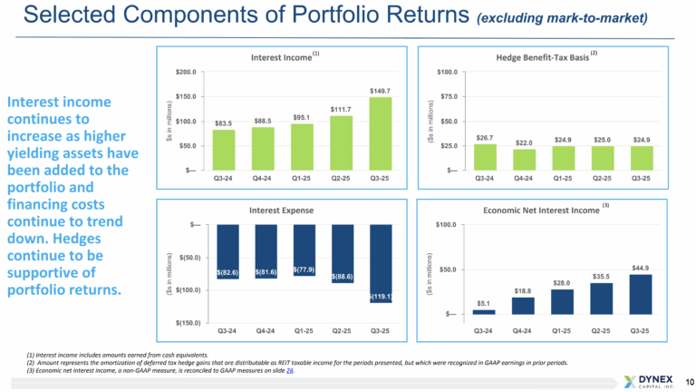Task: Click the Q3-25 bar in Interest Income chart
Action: [x=381, y=133]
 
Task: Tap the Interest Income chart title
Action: [x=281, y=57]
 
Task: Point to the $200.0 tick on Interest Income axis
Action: [x=186, y=72]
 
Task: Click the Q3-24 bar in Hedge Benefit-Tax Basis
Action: [x=485, y=157]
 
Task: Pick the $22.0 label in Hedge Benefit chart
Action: [x=524, y=142]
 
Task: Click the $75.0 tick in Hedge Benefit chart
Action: [x=446, y=96]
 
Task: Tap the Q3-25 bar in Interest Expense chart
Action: [x=381, y=263]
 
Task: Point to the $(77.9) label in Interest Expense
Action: [x=303, y=269]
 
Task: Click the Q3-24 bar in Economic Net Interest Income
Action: [x=484, y=311]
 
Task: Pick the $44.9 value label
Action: [x=641, y=268]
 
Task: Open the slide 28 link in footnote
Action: [x=291, y=371]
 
